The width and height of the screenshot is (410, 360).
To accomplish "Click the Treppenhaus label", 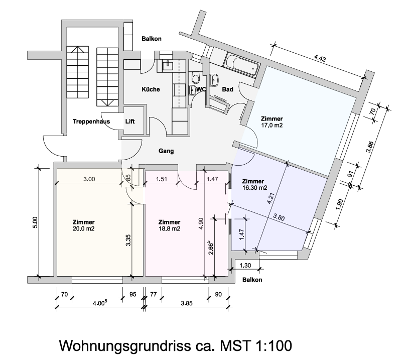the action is pos(91,122).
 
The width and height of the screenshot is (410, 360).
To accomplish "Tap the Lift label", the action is pos(130,122).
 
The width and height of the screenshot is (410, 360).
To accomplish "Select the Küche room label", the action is pos(151,89).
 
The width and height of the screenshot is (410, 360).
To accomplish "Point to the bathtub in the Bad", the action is pos(242,65).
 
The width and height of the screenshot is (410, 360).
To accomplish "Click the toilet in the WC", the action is pos(196,78).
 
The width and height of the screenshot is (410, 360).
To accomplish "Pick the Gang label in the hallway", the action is pos(166,151).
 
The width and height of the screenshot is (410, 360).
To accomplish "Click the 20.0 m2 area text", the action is pos(84,229).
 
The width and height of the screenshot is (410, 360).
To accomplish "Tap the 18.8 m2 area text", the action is pos(170,229).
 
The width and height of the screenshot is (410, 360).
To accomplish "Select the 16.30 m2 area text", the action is pos(254,188).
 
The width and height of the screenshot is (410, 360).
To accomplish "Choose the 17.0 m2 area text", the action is pos(272,126).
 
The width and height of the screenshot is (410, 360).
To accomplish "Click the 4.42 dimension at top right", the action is pos(320,58).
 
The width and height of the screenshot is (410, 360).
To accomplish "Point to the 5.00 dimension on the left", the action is pos(35,222).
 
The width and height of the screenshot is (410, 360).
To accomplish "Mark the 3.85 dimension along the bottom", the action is pos(187,303).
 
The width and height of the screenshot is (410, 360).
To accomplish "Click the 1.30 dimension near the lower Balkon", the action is pos(245,266).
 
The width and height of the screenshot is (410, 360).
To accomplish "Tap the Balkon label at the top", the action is pos(152,39).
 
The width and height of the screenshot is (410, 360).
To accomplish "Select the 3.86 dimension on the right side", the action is pos(370,147).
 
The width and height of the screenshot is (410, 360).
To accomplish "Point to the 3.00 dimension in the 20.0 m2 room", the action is pos(89,179).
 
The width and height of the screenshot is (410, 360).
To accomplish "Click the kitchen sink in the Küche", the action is pos(167,66).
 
